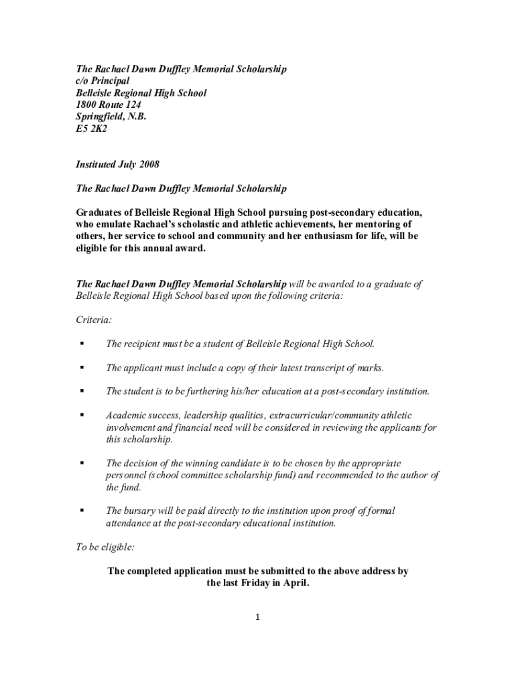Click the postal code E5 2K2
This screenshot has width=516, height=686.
(x=90, y=129)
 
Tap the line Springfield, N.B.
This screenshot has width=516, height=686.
(x=111, y=117)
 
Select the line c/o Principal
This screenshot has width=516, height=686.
(x=102, y=81)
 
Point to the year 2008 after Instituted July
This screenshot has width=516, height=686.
(x=147, y=164)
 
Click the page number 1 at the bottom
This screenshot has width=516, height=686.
(x=257, y=617)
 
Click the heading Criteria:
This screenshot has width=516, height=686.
(x=93, y=320)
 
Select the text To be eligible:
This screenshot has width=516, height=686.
(x=105, y=547)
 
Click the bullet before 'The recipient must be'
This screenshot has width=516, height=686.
(x=82, y=344)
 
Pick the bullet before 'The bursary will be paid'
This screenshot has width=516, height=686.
(x=82, y=511)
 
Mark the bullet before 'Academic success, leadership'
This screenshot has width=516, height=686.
(x=82, y=415)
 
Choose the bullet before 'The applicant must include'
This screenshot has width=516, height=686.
(x=82, y=368)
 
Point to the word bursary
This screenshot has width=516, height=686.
(x=141, y=511)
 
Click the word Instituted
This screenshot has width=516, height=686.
(x=98, y=164)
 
